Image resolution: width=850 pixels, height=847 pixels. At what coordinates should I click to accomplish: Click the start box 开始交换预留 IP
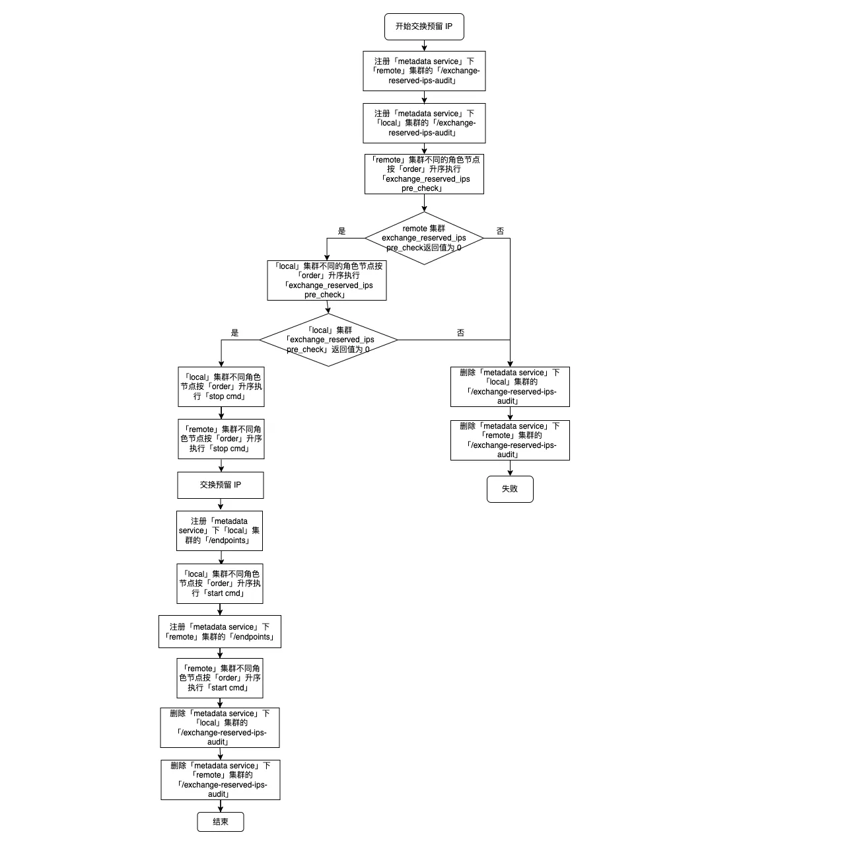tap(424, 27)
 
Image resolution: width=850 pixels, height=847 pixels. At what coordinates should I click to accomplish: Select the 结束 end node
tap(221, 822)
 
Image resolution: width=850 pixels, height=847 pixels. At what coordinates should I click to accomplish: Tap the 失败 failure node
tap(510, 489)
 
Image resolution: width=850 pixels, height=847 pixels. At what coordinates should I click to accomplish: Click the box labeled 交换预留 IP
tap(221, 485)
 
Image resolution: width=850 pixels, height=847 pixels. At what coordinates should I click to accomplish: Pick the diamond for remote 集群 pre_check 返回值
tap(424, 238)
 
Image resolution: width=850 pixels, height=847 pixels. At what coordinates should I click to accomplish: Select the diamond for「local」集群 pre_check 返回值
tap(328, 340)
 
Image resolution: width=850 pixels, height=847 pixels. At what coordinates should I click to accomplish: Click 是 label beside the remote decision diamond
tap(341, 231)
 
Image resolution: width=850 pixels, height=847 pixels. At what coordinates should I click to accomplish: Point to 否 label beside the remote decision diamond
tap(500, 231)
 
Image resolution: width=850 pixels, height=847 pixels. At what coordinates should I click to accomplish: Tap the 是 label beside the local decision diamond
tap(234, 333)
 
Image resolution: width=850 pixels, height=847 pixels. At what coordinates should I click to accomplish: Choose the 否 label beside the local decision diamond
tap(460, 333)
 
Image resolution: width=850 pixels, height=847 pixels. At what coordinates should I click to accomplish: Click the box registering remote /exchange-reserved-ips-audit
tap(424, 71)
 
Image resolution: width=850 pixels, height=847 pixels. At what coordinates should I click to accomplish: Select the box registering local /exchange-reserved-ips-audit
tap(424, 123)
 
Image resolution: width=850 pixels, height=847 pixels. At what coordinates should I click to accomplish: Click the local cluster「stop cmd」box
tap(221, 387)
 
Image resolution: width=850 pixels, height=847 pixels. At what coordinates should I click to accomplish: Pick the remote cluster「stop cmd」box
tap(221, 439)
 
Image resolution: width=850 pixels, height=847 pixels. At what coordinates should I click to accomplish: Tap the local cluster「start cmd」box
tap(220, 583)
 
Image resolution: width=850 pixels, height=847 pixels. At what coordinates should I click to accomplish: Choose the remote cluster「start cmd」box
tap(220, 678)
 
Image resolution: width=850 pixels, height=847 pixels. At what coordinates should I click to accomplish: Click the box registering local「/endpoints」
tap(219, 531)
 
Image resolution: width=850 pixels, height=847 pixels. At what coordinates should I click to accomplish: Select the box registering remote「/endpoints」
tap(220, 632)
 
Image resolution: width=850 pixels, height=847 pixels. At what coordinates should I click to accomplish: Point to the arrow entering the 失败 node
tap(510, 469)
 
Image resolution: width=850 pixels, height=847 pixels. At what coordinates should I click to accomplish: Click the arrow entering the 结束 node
tap(221, 807)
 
